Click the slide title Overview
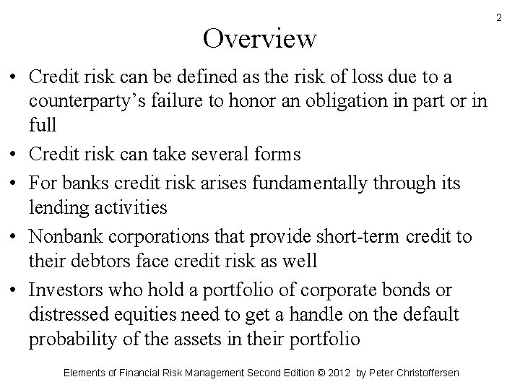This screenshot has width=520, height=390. [x=259, y=38]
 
